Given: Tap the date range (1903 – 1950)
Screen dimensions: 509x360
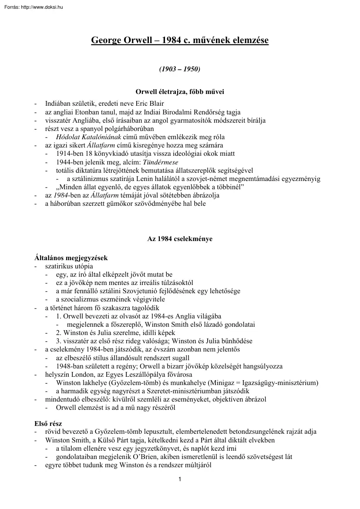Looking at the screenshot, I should [x=179, y=69].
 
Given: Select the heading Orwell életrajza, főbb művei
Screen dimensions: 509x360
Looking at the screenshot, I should [x=180, y=91].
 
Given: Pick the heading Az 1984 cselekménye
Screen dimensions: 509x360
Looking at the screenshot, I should [x=180, y=239].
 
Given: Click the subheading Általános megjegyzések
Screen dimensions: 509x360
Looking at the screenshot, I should [x=71, y=258].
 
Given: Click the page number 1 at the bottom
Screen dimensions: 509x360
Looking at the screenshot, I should [x=180, y=480].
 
